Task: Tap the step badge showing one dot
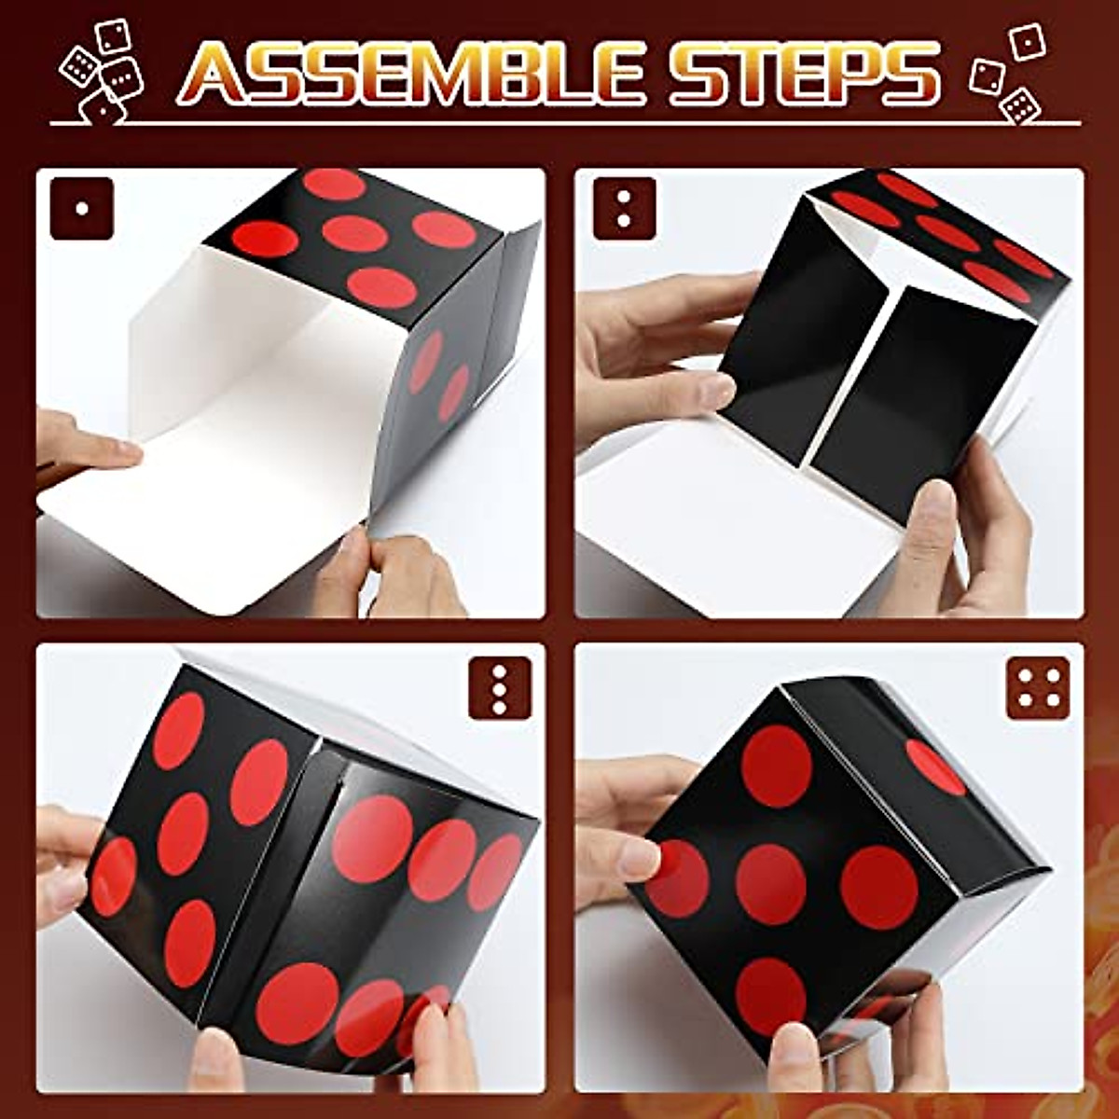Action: click(x=82, y=209)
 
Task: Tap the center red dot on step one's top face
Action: click(x=358, y=232)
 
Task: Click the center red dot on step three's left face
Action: click(x=182, y=832)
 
